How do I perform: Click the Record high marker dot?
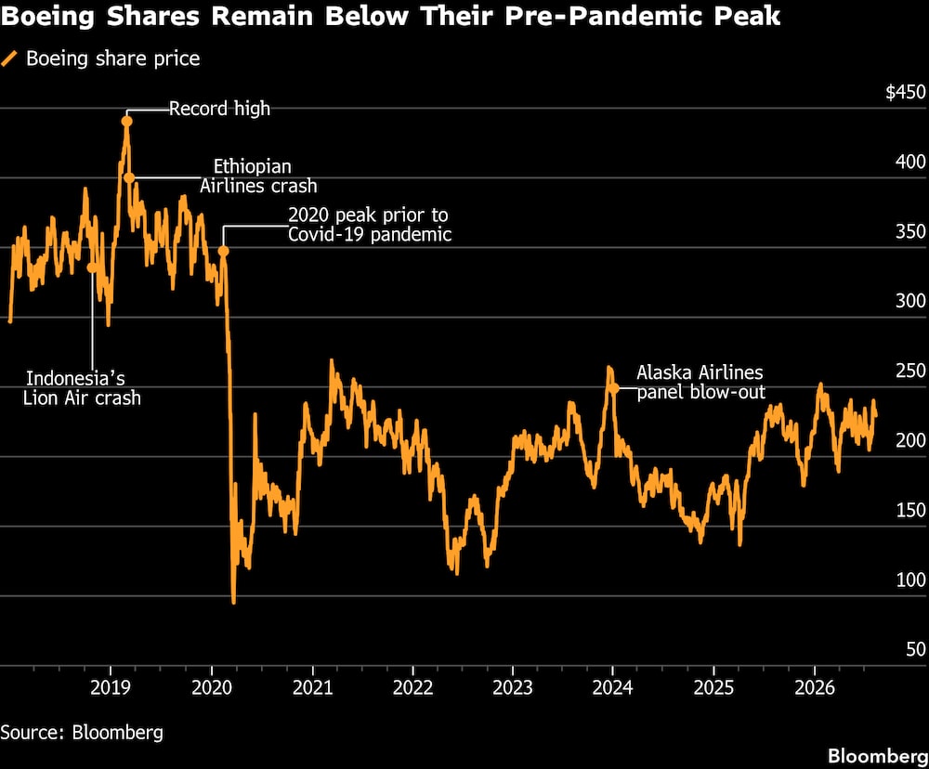point(126,122)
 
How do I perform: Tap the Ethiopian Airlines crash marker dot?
point(129,177)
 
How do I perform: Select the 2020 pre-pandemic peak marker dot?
point(223,251)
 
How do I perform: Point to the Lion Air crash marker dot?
point(92,267)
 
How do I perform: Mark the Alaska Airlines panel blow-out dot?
point(614,388)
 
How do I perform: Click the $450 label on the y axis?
point(905,92)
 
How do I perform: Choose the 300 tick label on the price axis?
point(910,301)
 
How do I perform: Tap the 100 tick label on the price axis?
point(910,580)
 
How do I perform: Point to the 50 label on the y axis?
point(916,649)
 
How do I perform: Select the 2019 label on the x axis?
point(111,687)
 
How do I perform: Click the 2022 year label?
point(413,687)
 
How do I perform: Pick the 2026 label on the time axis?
point(815,687)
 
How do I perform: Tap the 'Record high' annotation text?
point(219,109)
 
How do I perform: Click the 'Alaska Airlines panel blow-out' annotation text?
point(700,382)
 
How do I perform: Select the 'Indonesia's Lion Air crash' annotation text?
point(82,388)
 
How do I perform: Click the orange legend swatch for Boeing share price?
point(9,59)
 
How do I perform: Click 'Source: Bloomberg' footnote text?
point(82,733)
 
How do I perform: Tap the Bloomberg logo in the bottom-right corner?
point(878,756)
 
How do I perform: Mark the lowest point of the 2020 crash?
point(233,602)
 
